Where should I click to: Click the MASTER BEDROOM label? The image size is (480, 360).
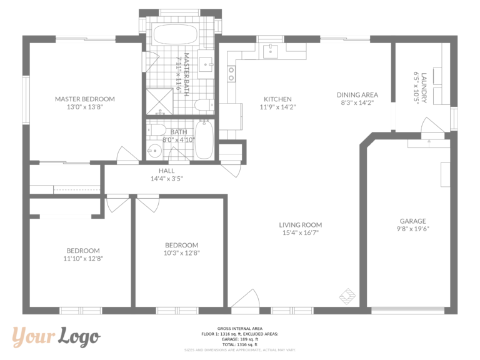click(84, 99)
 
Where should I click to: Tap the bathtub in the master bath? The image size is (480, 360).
click(175, 35)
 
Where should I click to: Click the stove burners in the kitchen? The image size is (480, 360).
click(231, 74)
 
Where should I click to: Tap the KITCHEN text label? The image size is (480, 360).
click(277, 99)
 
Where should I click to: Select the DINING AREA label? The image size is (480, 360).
click(357, 95)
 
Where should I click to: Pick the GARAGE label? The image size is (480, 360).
click(412, 221)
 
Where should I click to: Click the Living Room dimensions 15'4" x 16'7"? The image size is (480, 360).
click(300, 233)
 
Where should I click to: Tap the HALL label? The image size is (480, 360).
click(166, 171)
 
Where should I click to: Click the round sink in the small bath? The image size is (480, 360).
click(154, 151)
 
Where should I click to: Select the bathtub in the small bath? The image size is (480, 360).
click(204, 140)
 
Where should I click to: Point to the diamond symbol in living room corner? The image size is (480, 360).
click(348, 294)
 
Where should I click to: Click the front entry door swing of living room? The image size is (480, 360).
click(247, 299)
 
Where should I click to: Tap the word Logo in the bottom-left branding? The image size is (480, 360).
click(79, 337)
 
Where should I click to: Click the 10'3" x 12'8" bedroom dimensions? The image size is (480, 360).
click(181, 253)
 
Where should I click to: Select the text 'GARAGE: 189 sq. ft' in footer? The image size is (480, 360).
click(239, 339)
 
